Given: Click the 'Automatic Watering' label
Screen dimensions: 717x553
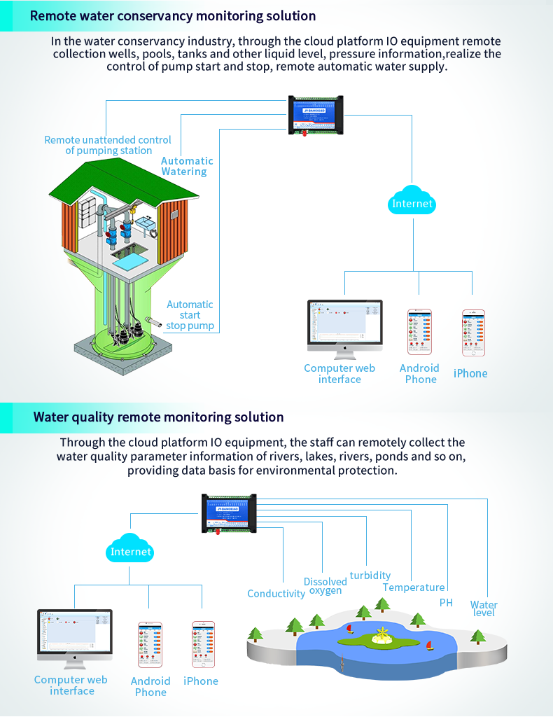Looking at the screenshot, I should pyautogui.click(x=186, y=166).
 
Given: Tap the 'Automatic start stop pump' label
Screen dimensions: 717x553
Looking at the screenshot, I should pyautogui.click(x=190, y=315).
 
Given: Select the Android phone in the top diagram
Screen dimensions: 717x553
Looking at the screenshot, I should pyautogui.click(x=420, y=332).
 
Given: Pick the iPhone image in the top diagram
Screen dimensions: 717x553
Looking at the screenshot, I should pyautogui.click(x=473, y=333).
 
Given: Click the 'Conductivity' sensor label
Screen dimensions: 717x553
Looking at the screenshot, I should pyautogui.click(x=276, y=594).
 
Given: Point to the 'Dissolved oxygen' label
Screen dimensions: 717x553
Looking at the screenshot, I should pyautogui.click(x=325, y=586).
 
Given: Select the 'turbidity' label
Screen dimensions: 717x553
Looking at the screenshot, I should pyautogui.click(x=370, y=576).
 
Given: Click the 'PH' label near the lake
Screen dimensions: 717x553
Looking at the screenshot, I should pyautogui.click(x=446, y=602).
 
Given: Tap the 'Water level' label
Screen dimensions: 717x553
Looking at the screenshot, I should pyautogui.click(x=484, y=608).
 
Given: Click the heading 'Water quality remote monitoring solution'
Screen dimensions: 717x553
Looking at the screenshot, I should pyautogui.click(x=158, y=417).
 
